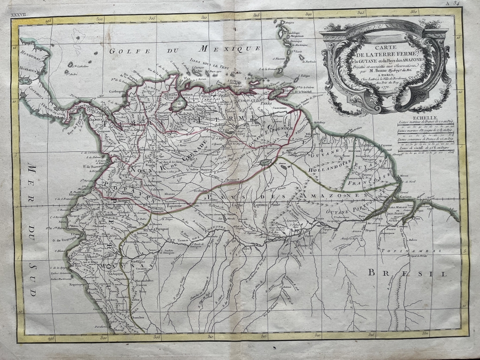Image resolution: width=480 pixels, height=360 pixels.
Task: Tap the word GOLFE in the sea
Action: click(x=123, y=52)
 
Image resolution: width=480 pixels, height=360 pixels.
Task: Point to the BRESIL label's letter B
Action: click(x=371, y=272)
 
